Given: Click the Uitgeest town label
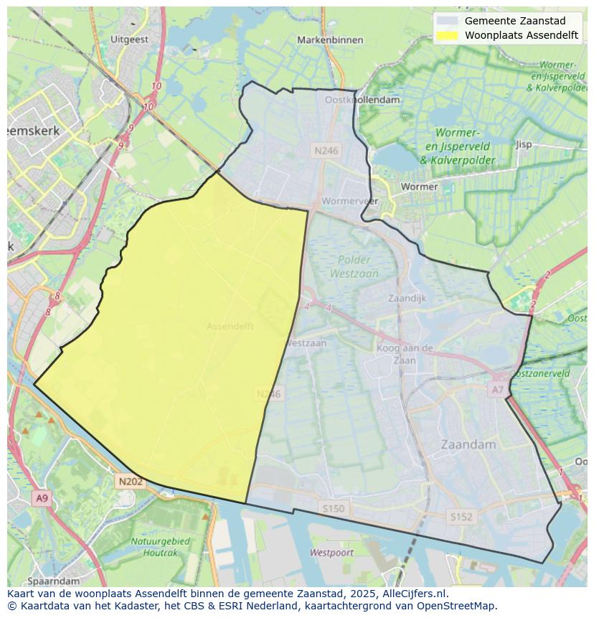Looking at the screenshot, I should click(130, 39).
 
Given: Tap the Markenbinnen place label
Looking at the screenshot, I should click(330, 40).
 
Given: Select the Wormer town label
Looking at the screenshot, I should click(419, 187).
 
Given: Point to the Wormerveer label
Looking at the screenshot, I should click(349, 201).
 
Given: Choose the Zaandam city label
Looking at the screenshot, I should click(469, 444).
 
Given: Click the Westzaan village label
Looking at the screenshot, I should click(306, 343).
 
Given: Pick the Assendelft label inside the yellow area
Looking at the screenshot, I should click(230, 326).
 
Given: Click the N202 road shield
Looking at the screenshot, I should click(131, 482).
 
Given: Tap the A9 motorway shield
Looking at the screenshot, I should click(42, 498).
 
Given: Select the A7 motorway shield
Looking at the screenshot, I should click(497, 390).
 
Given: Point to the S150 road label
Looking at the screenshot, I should click(333, 508).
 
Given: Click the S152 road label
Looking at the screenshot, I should click(461, 516).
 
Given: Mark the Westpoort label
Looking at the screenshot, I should click(331, 553).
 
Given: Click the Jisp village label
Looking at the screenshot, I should click(524, 144).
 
